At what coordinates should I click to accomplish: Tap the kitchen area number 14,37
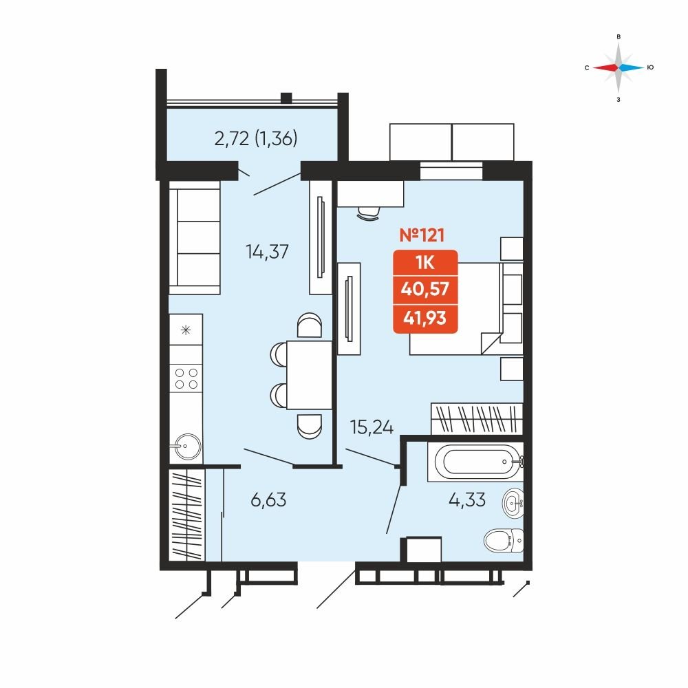coord(267,252)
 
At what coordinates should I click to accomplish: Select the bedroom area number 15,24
coord(372,427)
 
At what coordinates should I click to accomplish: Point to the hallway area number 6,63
coord(268,499)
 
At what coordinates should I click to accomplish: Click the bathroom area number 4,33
coord(467,499)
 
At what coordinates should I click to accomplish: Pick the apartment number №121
coord(422,235)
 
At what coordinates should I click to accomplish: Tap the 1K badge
coord(425,262)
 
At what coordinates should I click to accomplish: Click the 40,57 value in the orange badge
coord(425,289)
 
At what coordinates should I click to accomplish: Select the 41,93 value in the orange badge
coord(425,317)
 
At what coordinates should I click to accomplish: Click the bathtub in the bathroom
coord(475,462)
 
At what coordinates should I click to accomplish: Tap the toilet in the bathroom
coord(504,540)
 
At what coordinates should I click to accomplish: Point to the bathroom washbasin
coord(513,503)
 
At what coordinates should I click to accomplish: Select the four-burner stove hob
coord(186,378)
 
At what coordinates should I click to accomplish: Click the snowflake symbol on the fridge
coord(186,330)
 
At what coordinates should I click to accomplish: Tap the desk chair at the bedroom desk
coord(369,214)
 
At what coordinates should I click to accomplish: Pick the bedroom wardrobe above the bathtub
coord(477,419)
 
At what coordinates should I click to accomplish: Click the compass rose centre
coord(619,67)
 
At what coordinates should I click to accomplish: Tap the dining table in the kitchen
coord(310,375)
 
